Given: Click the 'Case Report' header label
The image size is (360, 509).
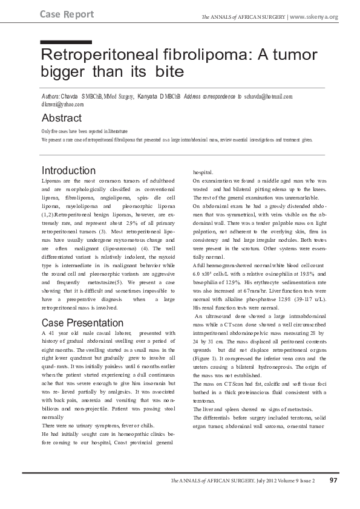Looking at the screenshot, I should click(67, 14).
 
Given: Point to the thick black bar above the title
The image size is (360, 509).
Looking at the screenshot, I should click(66, 42).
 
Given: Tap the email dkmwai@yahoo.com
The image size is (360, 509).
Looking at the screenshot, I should click(62, 105).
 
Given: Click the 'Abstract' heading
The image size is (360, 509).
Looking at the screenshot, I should click(61, 118).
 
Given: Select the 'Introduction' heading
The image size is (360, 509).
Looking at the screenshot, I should click(68, 170).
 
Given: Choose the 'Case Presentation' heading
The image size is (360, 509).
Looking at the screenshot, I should click(82, 323).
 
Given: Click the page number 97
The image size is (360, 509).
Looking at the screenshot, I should click(333, 481).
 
